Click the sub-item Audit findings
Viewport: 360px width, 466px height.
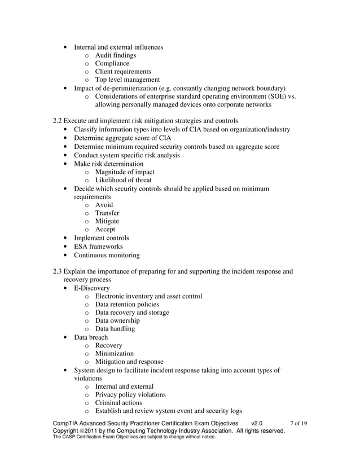pos(115,55)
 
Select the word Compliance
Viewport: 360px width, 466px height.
pos(112,64)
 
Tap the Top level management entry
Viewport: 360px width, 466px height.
pos(128,80)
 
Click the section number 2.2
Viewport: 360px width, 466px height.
pos(56,121)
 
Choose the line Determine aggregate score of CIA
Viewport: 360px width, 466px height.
pos(122,138)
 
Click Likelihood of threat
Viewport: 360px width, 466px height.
pos(124,180)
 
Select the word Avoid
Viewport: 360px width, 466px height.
pos(104,205)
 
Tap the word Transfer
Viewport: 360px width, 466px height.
pos(107,213)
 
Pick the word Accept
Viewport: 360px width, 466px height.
pos(105,230)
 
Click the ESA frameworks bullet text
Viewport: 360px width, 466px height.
pos(98,247)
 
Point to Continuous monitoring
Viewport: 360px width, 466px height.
pos(107,255)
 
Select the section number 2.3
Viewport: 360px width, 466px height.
pos(56,271)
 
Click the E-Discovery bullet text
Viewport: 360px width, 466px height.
pos(92,288)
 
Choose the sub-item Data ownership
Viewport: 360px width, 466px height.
pos(117,321)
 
